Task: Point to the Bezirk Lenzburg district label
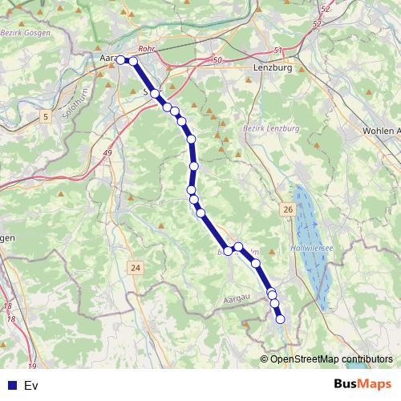(x=270, y=128)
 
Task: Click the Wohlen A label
(x=380, y=130)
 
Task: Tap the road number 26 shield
(x=287, y=209)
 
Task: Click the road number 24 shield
(x=136, y=267)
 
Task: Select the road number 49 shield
(x=107, y=153)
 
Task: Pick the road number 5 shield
(x=46, y=117)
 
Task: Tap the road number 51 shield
(x=278, y=51)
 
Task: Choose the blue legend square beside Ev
(x=12, y=386)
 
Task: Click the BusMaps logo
(x=363, y=385)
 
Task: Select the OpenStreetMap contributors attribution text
(x=331, y=358)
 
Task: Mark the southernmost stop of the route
(x=281, y=319)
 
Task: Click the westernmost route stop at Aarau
(x=120, y=59)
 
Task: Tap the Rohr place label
(x=146, y=49)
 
